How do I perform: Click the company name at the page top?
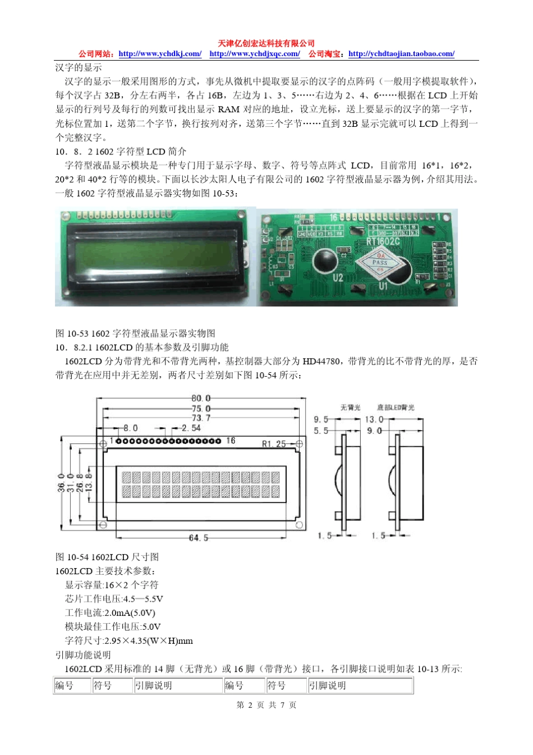[x=266, y=43]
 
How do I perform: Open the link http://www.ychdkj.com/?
[x=160, y=54]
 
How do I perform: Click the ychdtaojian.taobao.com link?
[x=401, y=54]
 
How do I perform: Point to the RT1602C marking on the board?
[x=383, y=241]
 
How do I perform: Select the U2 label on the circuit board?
[x=338, y=278]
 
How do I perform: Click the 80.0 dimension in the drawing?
[x=201, y=399]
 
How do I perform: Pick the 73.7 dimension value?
[x=201, y=418]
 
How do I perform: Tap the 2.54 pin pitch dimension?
[x=191, y=428]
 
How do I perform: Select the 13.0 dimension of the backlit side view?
[x=374, y=419]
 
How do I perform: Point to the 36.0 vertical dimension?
[x=61, y=483]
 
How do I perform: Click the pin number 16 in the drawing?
[x=231, y=441]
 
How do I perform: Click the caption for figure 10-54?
[x=107, y=557]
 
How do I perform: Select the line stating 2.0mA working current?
[x=110, y=612]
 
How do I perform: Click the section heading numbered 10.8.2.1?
[x=142, y=347]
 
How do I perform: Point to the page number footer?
[x=266, y=705]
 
